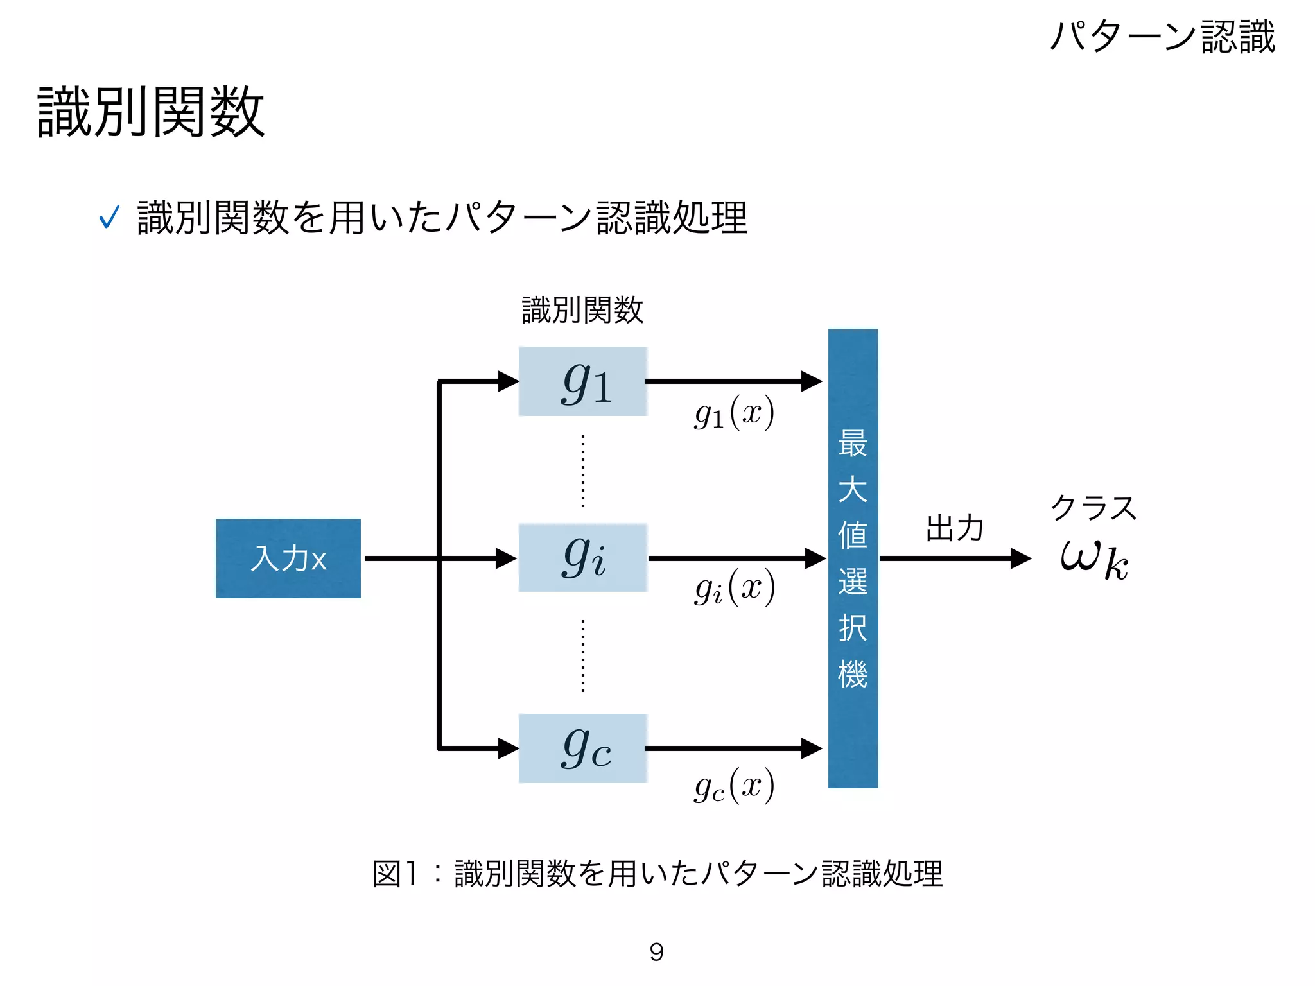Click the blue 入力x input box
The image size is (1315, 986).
pos(288,558)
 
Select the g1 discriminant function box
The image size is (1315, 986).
pos(583,381)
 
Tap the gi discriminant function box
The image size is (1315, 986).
pos(583,557)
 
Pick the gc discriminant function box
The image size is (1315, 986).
pos(583,748)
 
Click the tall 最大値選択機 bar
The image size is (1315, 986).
pos(853,558)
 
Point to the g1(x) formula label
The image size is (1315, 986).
pos(735,413)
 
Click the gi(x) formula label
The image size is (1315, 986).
pos(735,588)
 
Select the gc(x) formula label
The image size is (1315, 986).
pos(735,786)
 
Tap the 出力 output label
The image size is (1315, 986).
pos(955,528)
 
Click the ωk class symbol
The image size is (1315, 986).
pos(1094,558)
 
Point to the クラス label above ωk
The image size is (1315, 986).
pos(1093,508)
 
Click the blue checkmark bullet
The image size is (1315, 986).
pos(109,217)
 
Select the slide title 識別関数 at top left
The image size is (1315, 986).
pos(152,112)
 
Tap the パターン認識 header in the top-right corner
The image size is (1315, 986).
pos(1162,36)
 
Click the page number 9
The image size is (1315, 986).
pos(656,952)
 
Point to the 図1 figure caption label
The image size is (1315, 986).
pos(394,874)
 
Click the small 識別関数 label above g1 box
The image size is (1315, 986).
pos(582,310)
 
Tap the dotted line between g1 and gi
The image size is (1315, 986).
pos(583,471)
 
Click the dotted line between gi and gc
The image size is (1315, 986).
pos(583,655)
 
